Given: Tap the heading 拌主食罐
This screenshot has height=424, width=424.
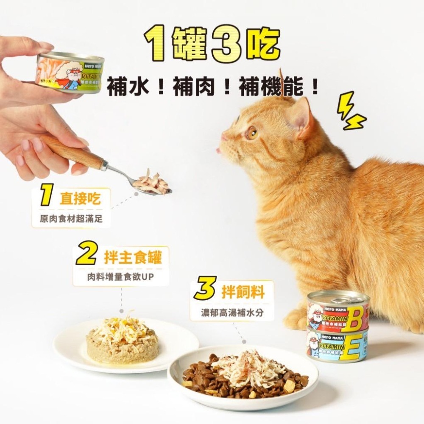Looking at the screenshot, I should coord(133,257).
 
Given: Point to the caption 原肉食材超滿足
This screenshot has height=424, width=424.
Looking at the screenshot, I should coord(71,219).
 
